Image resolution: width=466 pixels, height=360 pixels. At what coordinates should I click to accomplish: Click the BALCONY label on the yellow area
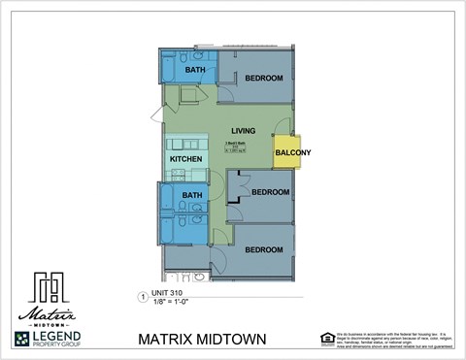(x=293, y=153)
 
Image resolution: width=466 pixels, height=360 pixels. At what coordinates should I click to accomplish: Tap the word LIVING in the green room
(x=244, y=131)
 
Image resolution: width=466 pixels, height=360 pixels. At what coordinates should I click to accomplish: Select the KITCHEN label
(x=185, y=158)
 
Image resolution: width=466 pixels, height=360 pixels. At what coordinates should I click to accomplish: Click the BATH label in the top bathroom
(x=195, y=70)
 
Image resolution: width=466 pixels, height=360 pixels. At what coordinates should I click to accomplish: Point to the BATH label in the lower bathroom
(x=191, y=196)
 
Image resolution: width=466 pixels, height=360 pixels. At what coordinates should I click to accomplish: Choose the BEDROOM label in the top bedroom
(x=263, y=78)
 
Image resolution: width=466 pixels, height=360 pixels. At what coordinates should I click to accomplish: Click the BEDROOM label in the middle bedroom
(x=271, y=192)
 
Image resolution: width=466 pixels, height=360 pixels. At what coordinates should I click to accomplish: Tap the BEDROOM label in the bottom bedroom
(x=263, y=250)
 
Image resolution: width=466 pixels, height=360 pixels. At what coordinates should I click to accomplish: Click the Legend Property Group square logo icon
(x=23, y=340)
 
